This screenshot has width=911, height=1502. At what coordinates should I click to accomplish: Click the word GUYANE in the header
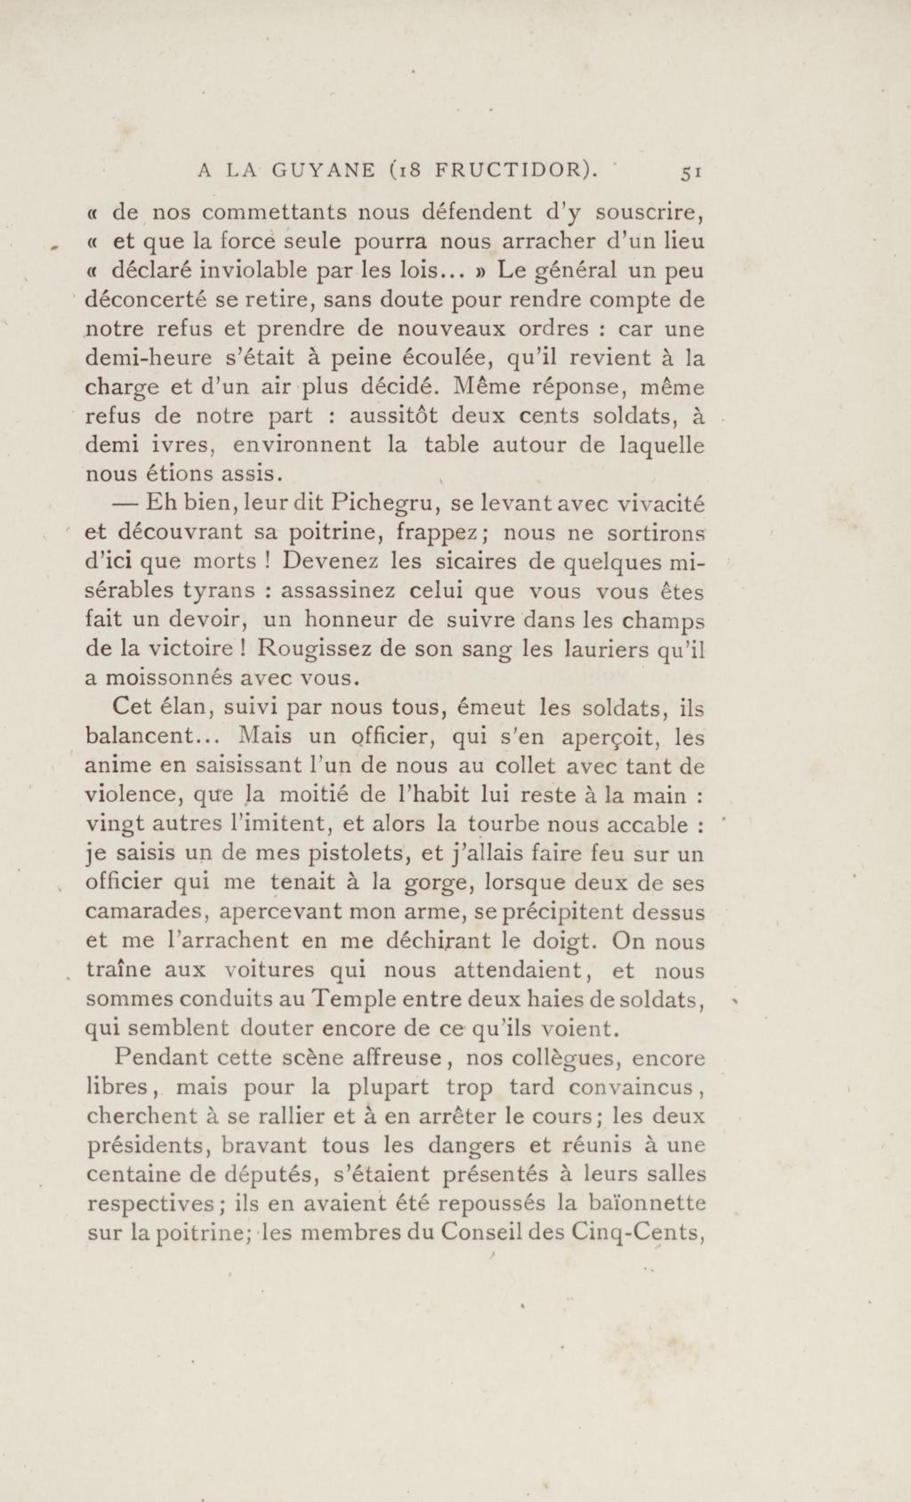(x=323, y=171)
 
